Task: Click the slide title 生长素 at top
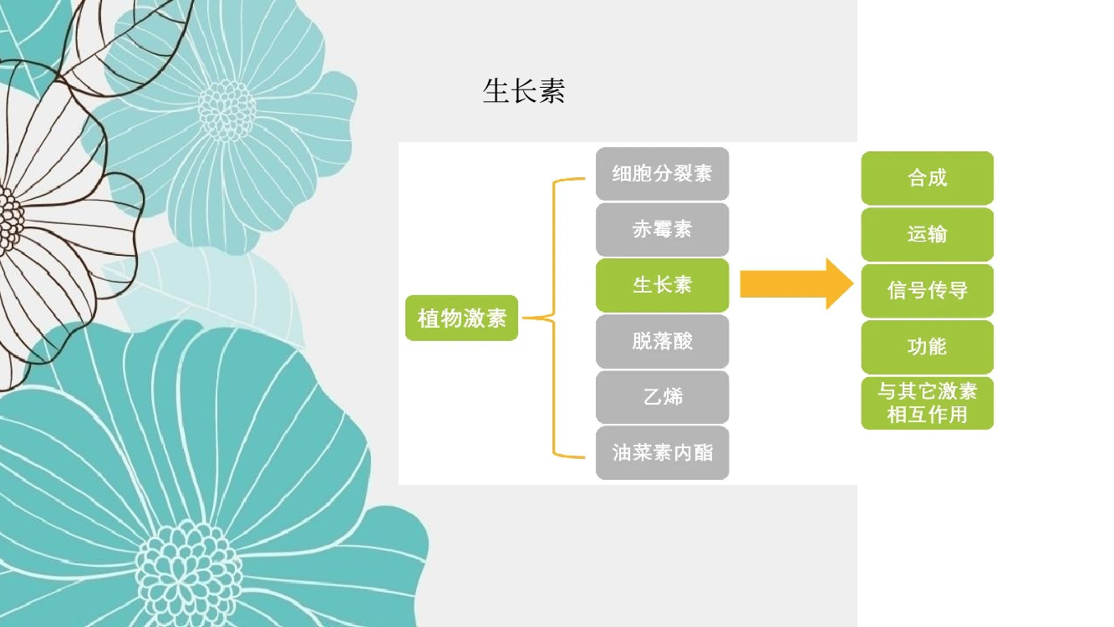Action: point(524,91)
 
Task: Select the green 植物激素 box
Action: point(461,318)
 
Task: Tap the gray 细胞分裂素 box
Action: point(663,174)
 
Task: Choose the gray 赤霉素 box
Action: point(663,229)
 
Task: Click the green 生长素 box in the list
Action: point(663,285)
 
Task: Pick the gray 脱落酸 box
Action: point(663,341)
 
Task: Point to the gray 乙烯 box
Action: point(663,397)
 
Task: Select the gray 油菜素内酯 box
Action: point(663,453)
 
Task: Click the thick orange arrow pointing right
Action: point(796,284)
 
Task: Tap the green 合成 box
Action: point(928,178)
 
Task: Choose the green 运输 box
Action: point(928,234)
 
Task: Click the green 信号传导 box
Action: point(928,291)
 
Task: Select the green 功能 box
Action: point(928,347)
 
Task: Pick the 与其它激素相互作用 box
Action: point(928,403)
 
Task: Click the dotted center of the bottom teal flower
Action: point(188,573)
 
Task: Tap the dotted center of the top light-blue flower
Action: point(226,110)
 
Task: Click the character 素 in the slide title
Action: point(552,91)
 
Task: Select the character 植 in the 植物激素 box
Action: point(428,319)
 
